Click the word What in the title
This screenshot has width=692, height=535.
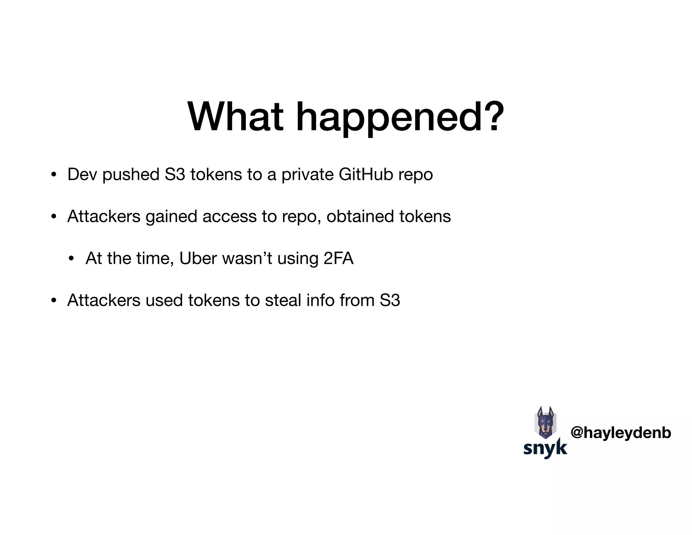pos(236,117)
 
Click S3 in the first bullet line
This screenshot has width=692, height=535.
pos(175,175)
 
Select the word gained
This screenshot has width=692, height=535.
pos(171,217)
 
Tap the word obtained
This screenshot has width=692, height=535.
pos(360,216)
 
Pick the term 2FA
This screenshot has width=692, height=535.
pos(338,258)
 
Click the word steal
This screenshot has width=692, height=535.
pos(283,300)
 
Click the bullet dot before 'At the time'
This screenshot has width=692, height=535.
pos(71,259)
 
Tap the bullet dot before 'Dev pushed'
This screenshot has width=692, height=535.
pos(53,175)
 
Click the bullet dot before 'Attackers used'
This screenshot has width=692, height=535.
pos(53,301)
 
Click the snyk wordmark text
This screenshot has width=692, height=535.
pos(545,448)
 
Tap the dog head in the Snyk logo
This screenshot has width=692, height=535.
pos(545,423)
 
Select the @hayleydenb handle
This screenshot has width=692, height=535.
pos(621,433)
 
